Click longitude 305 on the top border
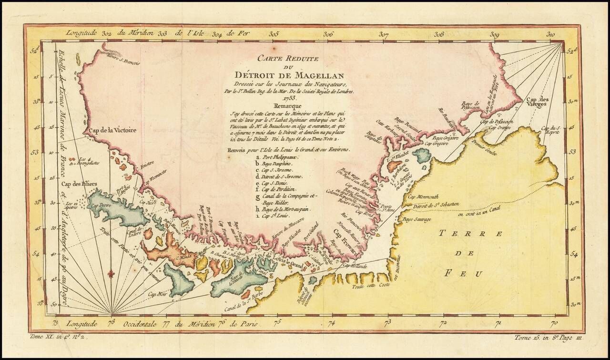(x=274, y=34)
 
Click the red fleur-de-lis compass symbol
(x=111, y=274)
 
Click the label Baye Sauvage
(x=417, y=219)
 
